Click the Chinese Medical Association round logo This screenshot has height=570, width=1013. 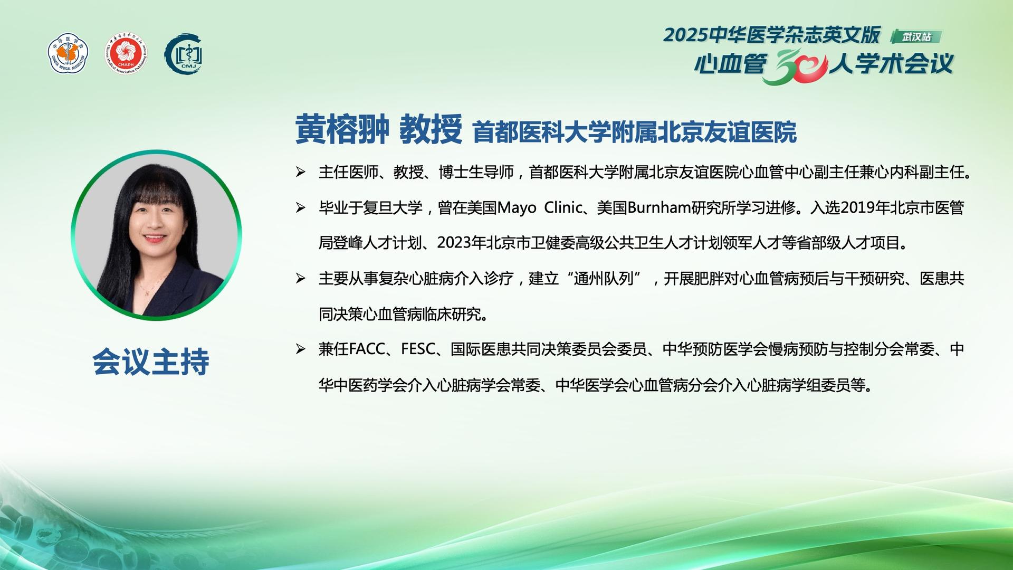click(68, 54)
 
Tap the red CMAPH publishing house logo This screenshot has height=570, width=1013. click(126, 54)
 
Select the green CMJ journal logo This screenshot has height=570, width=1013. click(184, 54)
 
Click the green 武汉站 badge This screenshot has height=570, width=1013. click(916, 37)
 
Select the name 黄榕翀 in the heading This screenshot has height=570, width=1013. click(342, 129)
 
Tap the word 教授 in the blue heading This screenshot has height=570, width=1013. click(431, 129)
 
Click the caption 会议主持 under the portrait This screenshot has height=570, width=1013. click(151, 362)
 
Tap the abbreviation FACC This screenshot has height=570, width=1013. click(367, 349)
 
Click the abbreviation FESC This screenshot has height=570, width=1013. click(418, 349)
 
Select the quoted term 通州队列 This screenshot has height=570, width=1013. click(603, 279)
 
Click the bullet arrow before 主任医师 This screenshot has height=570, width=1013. click(301, 172)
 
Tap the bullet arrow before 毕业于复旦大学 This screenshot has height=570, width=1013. click(301, 208)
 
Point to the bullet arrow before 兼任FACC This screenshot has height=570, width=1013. click(301, 349)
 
